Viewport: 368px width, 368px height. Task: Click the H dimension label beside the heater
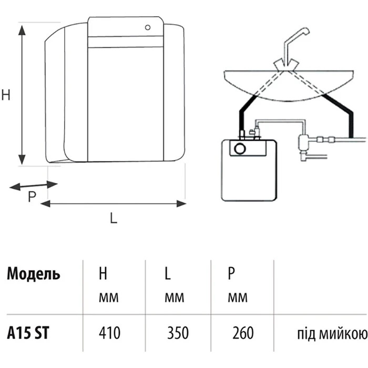[x=6, y=95]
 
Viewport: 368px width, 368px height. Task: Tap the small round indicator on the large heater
[x=149, y=26]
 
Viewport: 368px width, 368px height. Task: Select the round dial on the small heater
[x=240, y=148]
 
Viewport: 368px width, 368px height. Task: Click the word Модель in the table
[x=33, y=274]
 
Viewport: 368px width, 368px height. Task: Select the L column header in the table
[x=167, y=274]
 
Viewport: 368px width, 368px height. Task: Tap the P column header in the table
[x=231, y=273]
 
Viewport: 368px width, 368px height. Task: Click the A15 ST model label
[x=29, y=333]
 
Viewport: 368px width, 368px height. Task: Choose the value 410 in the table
[x=109, y=333]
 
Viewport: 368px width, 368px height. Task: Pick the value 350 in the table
[x=178, y=333]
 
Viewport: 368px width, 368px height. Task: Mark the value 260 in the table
[x=242, y=333]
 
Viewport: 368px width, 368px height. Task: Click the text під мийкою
[x=329, y=333]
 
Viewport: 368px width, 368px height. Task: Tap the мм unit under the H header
[x=108, y=299]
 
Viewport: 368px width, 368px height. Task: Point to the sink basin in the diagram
[x=287, y=84]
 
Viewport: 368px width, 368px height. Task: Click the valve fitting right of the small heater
[x=304, y=144]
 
